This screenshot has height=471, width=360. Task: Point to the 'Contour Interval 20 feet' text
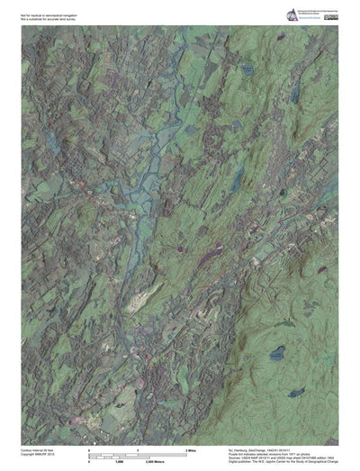click(38, 448)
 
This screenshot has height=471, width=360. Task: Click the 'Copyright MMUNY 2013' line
click(38, 453)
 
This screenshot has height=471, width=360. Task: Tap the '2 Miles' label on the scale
click(190, 448)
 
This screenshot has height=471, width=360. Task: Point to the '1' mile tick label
click(136, 448)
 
